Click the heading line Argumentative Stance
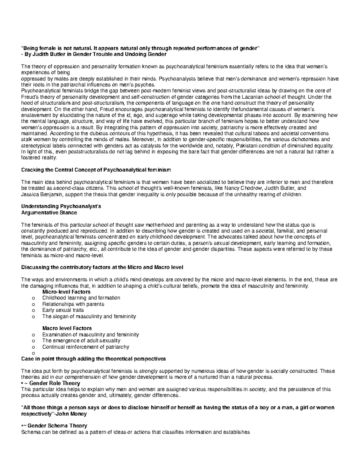pyautogui.click(x=49, y=212)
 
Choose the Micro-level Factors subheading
pyautogui.click(x=66, y=292)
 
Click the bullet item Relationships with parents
pyautogui.click(x=73, y=304)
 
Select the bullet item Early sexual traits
pyautogui.click(x=63, y=310)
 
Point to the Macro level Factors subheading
pyautogui.click(x=67, y=328)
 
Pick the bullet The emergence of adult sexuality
pyautogui.click(x=81, y=341)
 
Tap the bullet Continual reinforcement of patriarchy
pyautogui.click(x=86, y=347)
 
